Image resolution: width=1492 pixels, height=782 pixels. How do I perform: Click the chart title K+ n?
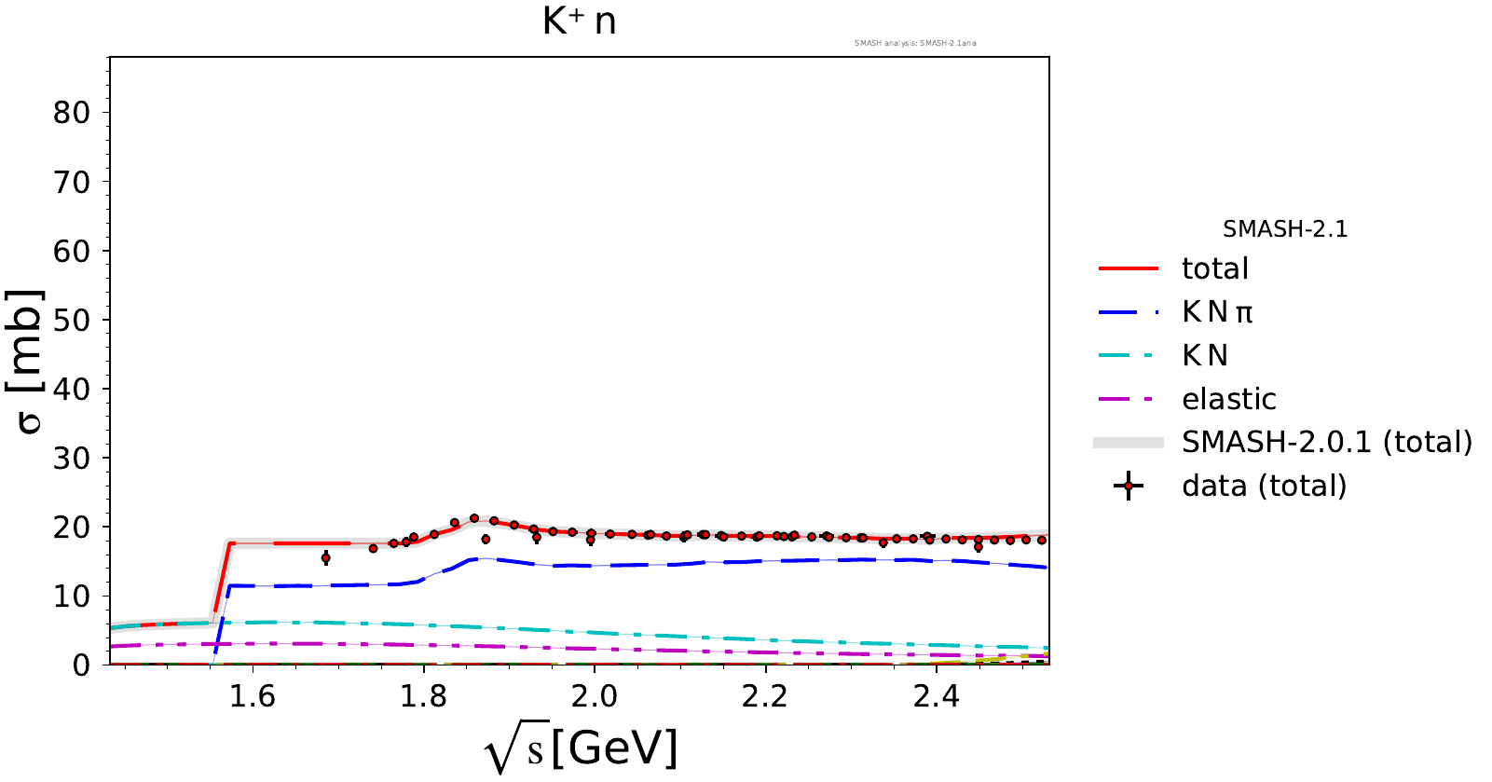tap(579, 21)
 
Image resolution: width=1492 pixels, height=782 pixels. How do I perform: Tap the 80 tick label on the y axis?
tap(72, 113)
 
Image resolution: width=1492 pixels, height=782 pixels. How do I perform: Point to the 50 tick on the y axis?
tap(72, 320)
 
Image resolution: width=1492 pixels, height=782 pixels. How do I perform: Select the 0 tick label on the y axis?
tap(81, 665)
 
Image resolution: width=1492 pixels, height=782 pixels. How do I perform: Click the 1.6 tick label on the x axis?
tap(253, 696)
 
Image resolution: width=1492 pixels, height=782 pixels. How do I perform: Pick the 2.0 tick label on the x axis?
tap(594, 696)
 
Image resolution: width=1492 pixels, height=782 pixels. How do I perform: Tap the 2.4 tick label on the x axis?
tap(936, 696)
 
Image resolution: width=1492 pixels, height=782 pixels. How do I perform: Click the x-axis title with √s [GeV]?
tap(581, 748)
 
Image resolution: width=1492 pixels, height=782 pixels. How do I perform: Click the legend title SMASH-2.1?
tap(1285, 229)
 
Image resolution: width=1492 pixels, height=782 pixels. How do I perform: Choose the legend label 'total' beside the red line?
tap(1214, 268)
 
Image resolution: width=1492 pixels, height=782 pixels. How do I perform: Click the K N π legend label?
tap(1217, 312)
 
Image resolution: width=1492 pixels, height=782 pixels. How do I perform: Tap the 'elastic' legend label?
tap(1228, 399)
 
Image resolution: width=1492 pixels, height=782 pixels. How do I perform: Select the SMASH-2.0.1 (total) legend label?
tap(1326, 442)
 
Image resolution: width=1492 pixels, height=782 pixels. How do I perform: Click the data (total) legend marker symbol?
tap(1128, 486)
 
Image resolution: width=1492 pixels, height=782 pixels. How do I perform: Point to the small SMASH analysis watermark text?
tap(915, 43)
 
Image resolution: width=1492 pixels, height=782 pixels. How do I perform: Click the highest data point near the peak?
tap(474, 518)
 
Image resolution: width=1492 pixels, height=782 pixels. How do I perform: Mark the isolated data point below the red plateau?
tap(325, 558)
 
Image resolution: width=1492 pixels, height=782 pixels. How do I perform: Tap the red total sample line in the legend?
tap(1128, 268)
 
